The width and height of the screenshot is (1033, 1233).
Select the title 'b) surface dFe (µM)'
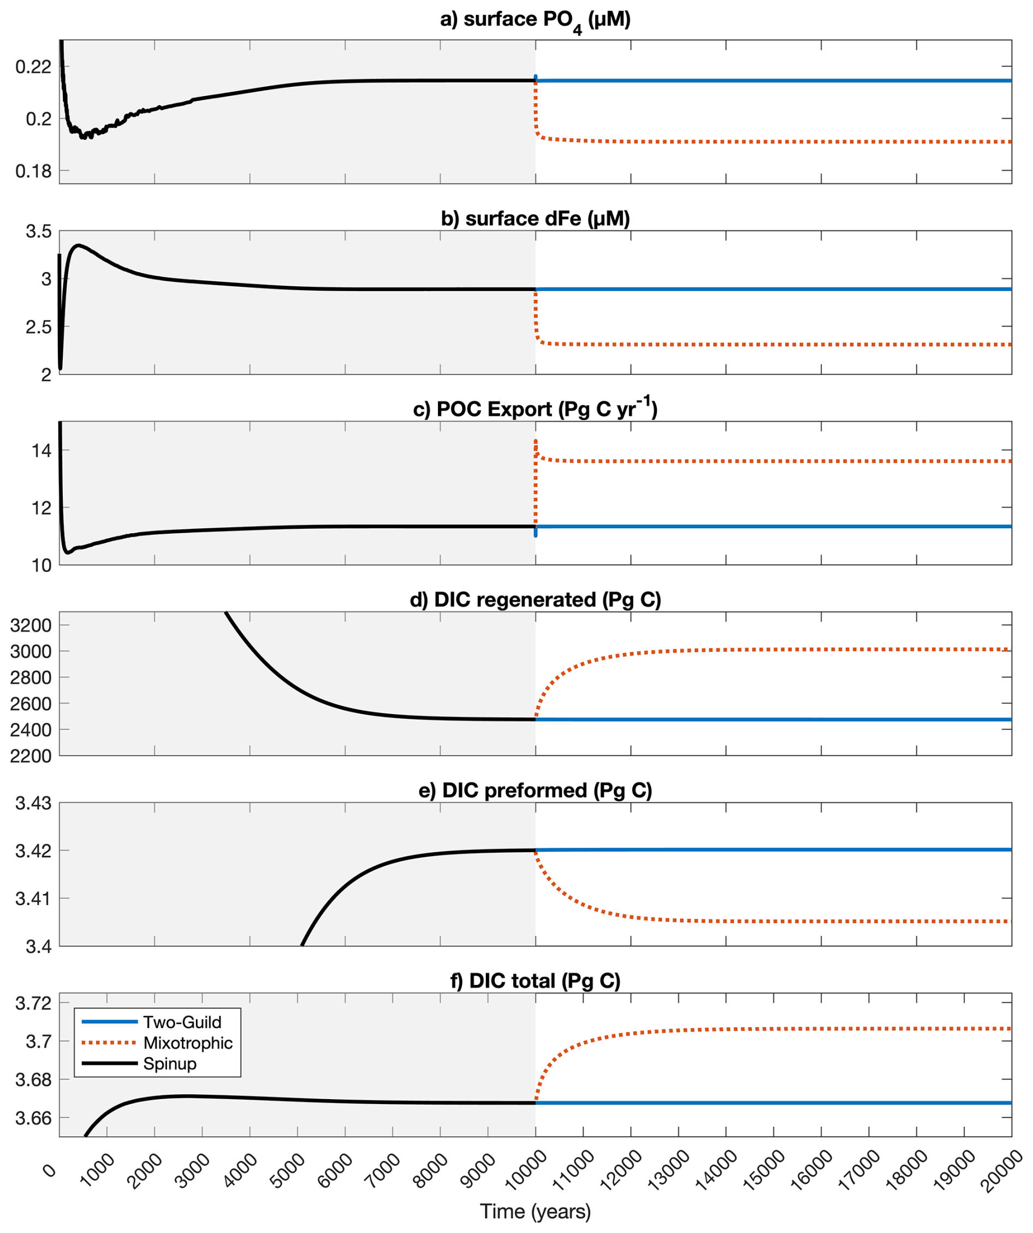[535, 219]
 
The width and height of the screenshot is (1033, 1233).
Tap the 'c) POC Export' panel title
[535, 409]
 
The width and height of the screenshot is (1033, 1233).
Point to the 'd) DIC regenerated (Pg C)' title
[535, 599]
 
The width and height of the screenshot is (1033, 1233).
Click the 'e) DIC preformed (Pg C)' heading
[535, 790]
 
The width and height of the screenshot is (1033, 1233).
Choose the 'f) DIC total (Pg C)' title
[535, 981]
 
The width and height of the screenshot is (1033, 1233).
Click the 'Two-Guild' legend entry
[182, 1022]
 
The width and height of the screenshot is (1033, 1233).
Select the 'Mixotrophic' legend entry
[188, 1043]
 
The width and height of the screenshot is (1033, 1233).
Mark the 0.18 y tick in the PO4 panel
[34, 172]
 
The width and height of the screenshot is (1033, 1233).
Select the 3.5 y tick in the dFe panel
[39, 231]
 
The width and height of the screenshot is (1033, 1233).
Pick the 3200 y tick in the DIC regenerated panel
[31, 626]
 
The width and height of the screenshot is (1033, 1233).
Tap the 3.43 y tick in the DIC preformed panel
[34, 803]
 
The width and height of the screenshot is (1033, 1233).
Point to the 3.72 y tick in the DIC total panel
[34, 1003]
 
